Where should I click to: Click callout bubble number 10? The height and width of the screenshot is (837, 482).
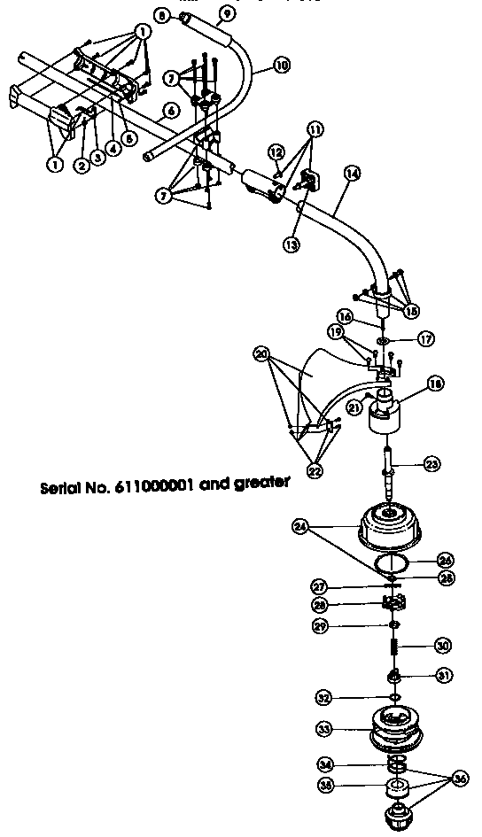tap(281, 65)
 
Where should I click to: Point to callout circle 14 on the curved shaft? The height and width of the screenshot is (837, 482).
tap(352, 174)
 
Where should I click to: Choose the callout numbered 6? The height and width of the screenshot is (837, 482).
tap(170, 111)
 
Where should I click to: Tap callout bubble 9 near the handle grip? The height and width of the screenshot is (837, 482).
tap(226, 13)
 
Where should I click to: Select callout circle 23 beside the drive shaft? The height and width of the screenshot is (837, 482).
tap(431, 462)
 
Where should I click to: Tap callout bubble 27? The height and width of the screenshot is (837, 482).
tap(318, 585)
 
